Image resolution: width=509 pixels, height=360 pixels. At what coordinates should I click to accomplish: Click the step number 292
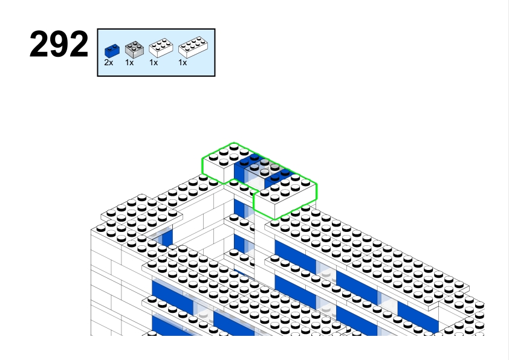click(59, 45)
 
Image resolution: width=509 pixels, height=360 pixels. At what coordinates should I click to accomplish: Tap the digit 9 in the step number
click(59, 45)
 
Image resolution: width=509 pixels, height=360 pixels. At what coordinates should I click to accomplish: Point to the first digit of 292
click(39, 45)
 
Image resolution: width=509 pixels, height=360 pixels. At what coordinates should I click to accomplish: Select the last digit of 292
click(79, 45)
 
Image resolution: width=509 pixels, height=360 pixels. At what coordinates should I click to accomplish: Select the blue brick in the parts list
click(112, 51)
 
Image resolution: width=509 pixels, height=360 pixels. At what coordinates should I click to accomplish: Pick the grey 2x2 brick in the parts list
click(134, 50)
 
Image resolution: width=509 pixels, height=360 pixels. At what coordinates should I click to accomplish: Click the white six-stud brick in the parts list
click(161, 48)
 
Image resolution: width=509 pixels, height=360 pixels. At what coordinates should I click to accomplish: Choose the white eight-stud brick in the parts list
click(193, 47)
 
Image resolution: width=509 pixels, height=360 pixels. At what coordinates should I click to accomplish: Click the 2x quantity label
click(109, 63)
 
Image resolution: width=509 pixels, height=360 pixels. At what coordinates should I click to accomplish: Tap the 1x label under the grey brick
click(129, 63)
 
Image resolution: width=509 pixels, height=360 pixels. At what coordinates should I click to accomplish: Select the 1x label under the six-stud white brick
click(154, 63)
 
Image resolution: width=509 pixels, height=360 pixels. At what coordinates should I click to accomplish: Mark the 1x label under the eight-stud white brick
click(183, 63)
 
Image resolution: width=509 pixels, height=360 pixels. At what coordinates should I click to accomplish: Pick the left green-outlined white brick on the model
click(224, 162)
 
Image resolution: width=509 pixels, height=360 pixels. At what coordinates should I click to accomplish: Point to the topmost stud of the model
click(234, 147)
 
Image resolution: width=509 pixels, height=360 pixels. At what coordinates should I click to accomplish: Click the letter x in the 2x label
click(111, 63)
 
